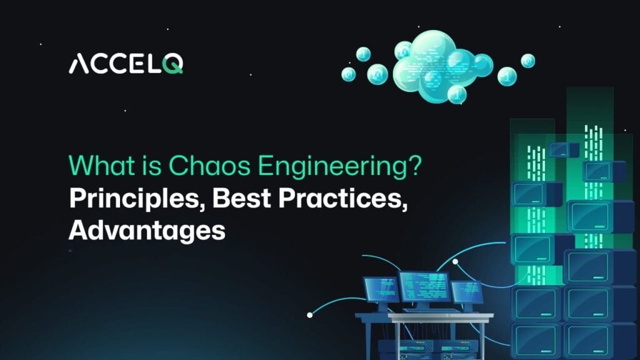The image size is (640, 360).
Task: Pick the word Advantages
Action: (147, 231)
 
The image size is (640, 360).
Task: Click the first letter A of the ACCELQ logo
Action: (79, 64)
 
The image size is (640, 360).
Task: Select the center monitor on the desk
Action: (424, 287)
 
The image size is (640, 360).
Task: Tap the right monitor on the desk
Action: (466, 292)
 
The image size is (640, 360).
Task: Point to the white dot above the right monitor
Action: (456, 261)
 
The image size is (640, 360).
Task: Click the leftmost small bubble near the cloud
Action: (349, 74)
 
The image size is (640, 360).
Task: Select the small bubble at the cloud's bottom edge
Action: (457, 94)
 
